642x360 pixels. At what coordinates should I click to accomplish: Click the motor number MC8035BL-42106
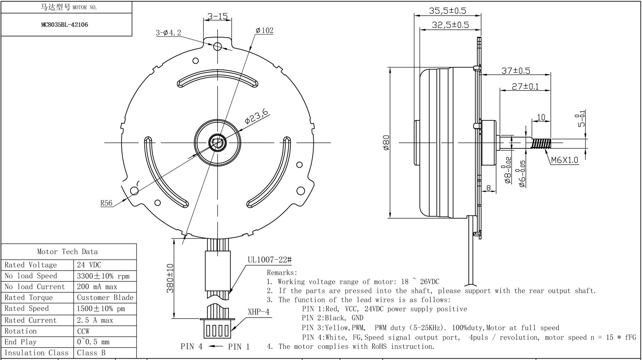(x=64, y=25)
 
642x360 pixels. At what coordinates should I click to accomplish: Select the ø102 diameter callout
(x=264, y=30)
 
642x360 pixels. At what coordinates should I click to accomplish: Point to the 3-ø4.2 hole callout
(x=168, y=33)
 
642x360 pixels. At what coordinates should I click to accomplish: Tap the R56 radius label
(x=106, y=203)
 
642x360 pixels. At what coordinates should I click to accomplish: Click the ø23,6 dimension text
(x=256, y=117)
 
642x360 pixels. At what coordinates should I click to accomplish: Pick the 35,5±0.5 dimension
(x=447, y=11)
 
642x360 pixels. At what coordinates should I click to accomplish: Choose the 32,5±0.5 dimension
(x=450, y=25)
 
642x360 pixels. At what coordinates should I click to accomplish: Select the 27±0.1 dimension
(x=525, y=87)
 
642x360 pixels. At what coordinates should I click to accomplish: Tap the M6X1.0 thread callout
(x=564, y=160)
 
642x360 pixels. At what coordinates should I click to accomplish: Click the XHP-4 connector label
(x=258, y=312)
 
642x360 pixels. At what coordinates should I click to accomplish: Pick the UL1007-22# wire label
(x=269, y=260)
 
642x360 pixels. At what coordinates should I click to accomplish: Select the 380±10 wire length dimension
(x=170, y=278)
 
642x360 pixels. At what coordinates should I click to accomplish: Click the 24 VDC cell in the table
(x=89, y=265)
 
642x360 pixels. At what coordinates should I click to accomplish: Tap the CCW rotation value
(x=83, y=331)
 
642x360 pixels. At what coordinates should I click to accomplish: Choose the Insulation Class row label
(x=36, y=352)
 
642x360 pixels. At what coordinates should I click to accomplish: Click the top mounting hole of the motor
(x=218, y=46)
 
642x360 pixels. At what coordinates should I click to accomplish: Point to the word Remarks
(x=282, y=273)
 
